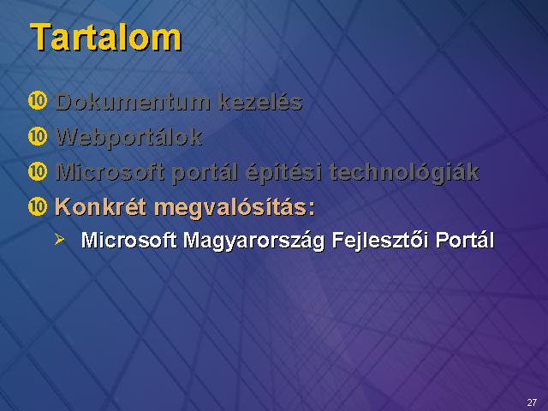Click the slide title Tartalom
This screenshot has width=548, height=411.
pos(106,38)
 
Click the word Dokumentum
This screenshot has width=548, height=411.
pos(133,102)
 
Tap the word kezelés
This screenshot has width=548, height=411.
pos(260,102)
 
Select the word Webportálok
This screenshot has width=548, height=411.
pos(129,138)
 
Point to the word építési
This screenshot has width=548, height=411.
pos(283,173)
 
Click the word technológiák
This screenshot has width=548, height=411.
pos(404,173)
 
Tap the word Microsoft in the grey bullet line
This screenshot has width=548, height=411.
pos(110,172)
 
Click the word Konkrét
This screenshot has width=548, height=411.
pos(100,206)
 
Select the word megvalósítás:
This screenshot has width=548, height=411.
pos(235,208)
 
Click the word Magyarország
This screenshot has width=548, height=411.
pos(253,241)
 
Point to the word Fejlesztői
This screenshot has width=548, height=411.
pos(380,241)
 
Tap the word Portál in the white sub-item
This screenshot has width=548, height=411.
pos(465,240)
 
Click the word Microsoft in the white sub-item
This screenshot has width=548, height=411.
pos(128,240)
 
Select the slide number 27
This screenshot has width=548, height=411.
pos(532,402)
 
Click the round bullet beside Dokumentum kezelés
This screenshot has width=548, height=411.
pos(38,101)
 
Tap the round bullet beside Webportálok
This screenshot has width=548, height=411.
pos(38,136)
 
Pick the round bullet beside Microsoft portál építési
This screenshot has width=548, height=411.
pos(38,171)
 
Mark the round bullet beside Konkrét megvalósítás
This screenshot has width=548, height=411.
pos(38,206)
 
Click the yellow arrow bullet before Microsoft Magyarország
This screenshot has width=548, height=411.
pos(59,240)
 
